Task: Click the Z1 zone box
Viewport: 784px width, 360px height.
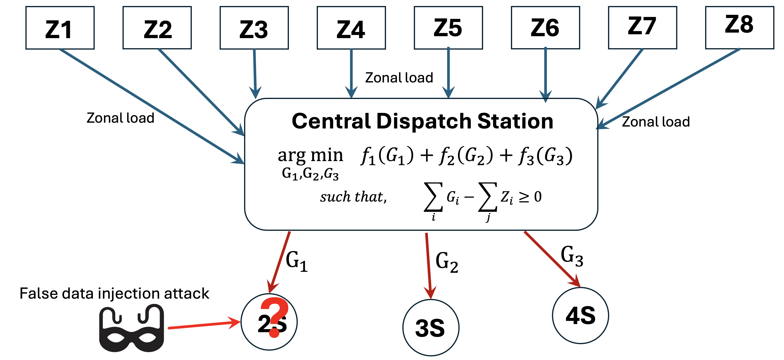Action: point(60,28)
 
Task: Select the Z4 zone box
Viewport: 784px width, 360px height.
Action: point(351,28)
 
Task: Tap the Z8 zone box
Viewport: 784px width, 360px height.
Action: point(740,28)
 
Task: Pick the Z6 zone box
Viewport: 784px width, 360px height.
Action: point(545,28)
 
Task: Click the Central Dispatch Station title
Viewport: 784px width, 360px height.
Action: point(422,121)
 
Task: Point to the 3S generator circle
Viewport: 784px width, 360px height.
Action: point(431,328)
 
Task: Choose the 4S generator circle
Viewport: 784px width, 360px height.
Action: point(580,316)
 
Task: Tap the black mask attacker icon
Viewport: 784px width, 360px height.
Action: point(131,330)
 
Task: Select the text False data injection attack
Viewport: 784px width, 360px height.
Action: point(114,294)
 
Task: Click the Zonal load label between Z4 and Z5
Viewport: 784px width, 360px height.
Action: point(399,78)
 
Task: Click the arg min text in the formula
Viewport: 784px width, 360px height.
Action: point(310,155)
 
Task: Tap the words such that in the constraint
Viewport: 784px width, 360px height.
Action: point(353,197)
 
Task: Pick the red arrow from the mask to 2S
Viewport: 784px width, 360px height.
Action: point(204,325)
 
